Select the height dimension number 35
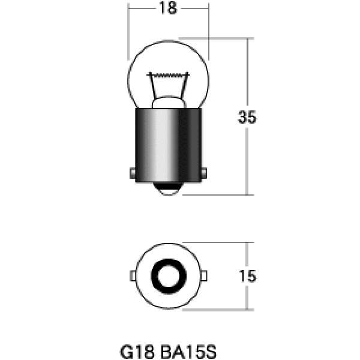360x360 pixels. (x=247, y=118)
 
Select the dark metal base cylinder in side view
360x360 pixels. (x=168, y=144)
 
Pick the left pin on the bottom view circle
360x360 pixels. (x=132, y=275)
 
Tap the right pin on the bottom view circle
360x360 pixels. (x=205, y=275)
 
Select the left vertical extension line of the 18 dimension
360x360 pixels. (x=129, y=30)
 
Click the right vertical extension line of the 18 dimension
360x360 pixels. (x=208, y=30)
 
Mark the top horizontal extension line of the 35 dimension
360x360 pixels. (x=228, y=38)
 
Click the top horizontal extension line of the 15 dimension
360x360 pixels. (x=228, y=243)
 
